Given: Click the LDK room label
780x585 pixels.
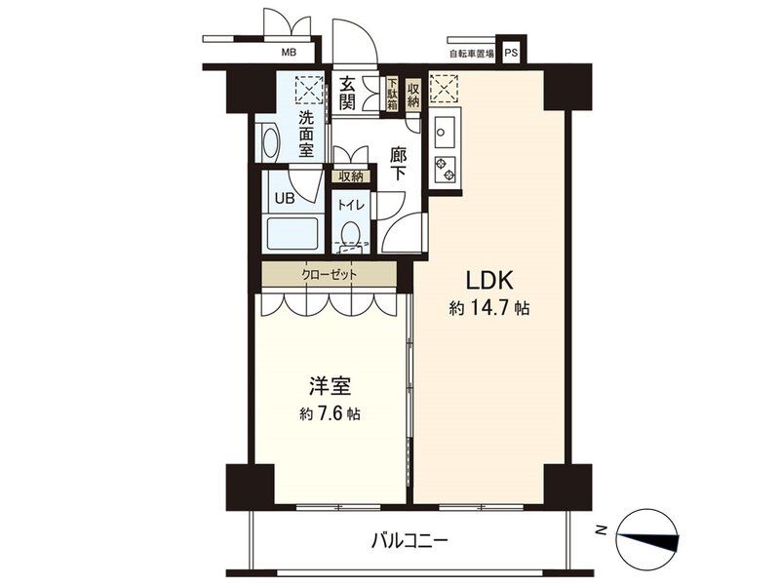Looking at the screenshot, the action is (488, 281).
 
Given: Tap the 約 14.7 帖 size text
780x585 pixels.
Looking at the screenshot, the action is (489, 309).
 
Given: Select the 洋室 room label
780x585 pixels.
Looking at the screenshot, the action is (331, 386).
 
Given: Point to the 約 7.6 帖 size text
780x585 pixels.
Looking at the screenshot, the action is (331, 413).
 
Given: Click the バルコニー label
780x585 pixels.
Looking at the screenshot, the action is (410, 539).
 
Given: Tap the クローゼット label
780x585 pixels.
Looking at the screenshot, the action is (330, 274).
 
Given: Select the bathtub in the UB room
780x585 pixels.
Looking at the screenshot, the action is (292, 234).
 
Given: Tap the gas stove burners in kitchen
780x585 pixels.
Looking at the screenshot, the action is (446, 169).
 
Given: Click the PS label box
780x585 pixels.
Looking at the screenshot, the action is (511, 52).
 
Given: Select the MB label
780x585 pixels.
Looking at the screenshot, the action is (289, 52).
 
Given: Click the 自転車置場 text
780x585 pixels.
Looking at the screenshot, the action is (472, 54).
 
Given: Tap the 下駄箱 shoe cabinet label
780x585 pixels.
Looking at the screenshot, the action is (393, 93).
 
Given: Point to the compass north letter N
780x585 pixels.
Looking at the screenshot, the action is (603, 530).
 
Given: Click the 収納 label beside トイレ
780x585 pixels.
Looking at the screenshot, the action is (351, 175).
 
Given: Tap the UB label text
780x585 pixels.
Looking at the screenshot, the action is (285, 199).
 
